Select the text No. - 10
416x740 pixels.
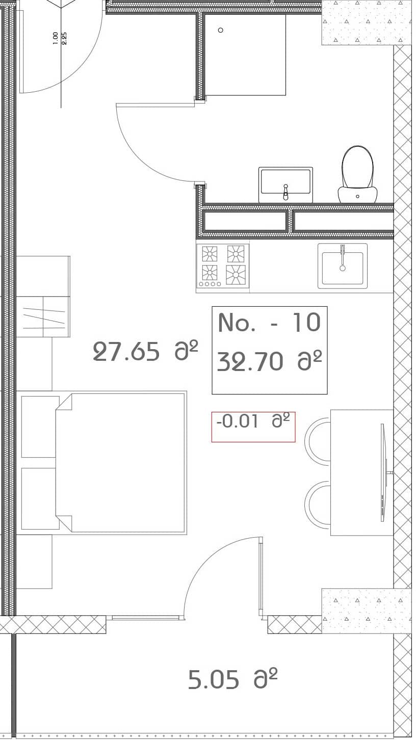(x=269, y=323)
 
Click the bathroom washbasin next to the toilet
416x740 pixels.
(x=285, y=184)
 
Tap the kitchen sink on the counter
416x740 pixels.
(x=343, y=266)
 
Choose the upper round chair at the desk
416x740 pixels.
(x=318, y=441)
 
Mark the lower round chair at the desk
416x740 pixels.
(x=318, y=505)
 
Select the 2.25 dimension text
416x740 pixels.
(x=64, y=38)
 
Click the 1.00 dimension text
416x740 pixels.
(x=55, y=38)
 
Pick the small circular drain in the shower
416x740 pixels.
(x=220, y=30)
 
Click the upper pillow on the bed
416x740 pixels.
(x=40, y=427)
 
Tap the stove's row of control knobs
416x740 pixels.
(x=210, y=284)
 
